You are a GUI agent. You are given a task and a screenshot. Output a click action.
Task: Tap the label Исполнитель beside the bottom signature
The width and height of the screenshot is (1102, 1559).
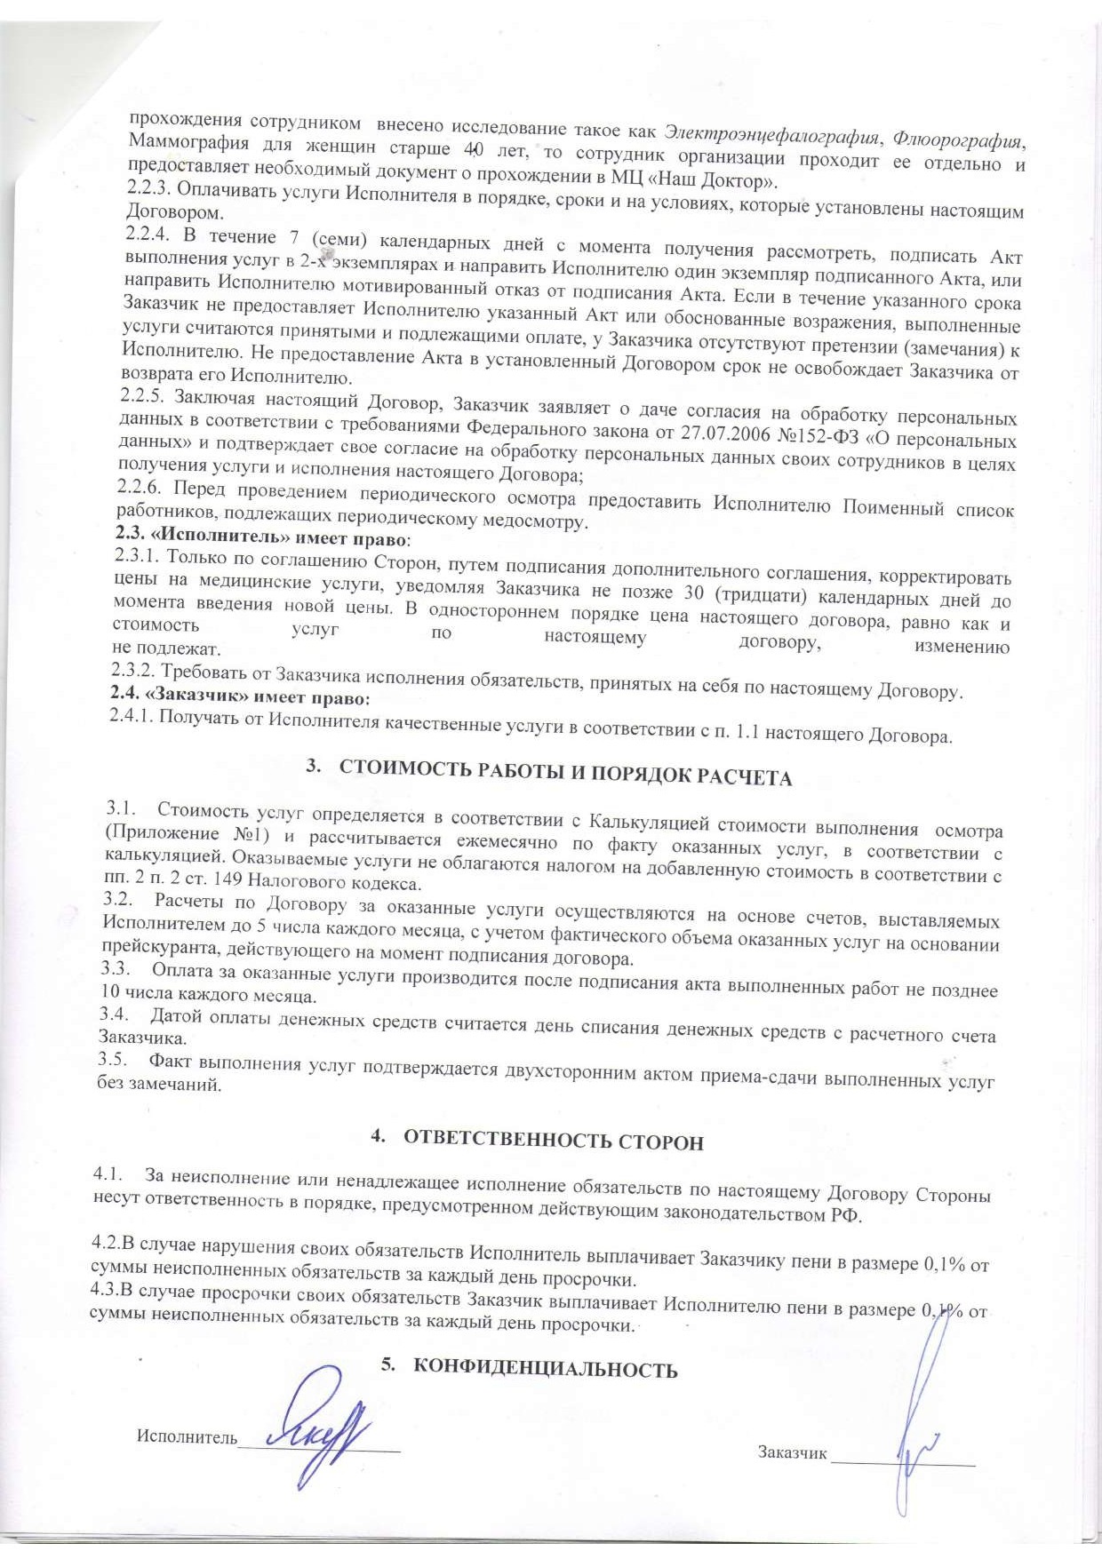point(187,1436)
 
